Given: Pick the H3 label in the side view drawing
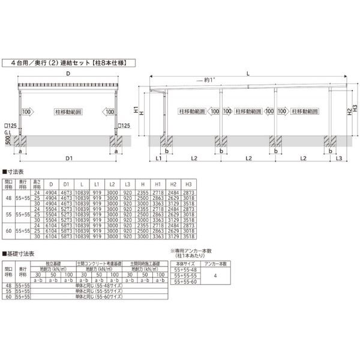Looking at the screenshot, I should tap(355, 108).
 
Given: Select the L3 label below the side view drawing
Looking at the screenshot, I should tap(338, 158).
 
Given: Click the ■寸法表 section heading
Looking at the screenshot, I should tap(16, 172).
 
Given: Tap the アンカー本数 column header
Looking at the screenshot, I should tap(214, 263).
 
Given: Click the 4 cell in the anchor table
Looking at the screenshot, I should tap(214, 277).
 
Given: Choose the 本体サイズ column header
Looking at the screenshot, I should tap(185, 263).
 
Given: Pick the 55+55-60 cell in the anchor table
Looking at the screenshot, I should tap(185, 283).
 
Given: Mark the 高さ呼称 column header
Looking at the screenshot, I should tap(38, 182).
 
